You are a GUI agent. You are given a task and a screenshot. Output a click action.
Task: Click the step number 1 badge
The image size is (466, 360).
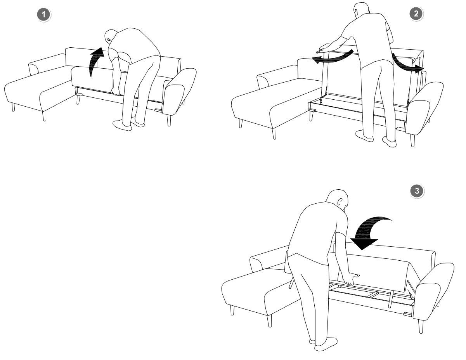pyautogui.click(x=44, y=15)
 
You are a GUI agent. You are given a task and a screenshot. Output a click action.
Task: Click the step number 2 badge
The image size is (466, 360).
pyautogui.click(x=416, y=14)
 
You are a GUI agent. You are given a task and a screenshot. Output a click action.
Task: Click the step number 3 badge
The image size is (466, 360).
pyautogui.click(x=417, y=191)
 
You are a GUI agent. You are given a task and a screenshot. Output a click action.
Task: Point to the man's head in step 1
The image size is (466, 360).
pyautogui.click(x=111, y=36)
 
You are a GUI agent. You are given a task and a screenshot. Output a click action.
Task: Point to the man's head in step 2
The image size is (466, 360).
pyautogui.click(x=362, y=10)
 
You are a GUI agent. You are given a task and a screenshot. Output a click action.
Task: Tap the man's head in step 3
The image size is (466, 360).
pyautogui.click(x=338, y=199)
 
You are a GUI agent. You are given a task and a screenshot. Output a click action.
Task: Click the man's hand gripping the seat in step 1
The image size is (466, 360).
pyautogui.click(x=116, y=92)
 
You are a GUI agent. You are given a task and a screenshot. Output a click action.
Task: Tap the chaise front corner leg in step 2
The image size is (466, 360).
pyautogui.click(x=274, y=133)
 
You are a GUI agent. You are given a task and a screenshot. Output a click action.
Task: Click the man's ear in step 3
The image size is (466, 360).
pyautogui.click(x=340, y=202)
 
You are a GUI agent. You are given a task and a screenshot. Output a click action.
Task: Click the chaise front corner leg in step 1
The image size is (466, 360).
pyautogui.click(x=44, y=116)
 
